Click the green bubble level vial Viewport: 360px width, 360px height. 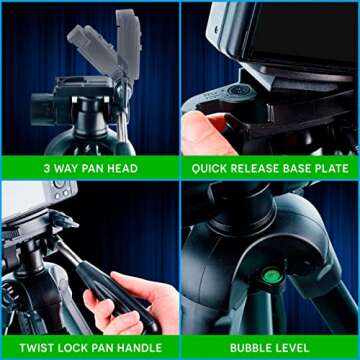point(272,276)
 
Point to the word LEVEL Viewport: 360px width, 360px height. point(291,348)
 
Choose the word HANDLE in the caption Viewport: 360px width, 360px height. point(140,348)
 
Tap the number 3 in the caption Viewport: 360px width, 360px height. point(47,168)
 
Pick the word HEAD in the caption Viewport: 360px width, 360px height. point(122,168)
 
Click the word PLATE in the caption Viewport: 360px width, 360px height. point(331,168)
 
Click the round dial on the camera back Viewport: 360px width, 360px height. point(59,184)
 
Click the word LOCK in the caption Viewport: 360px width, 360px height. point(68,348)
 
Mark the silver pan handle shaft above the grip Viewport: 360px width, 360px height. point(68,251)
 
